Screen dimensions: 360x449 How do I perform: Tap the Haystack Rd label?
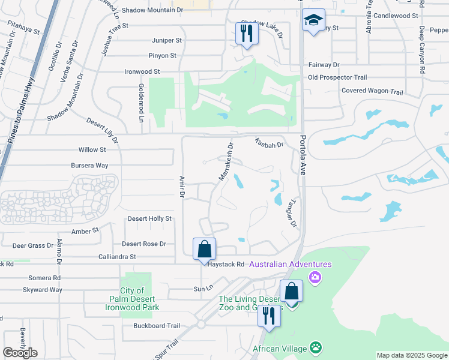click(227, 264)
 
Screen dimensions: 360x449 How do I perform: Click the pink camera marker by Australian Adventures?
click(315, 277)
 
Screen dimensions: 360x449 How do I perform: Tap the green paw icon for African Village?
click(315, 347)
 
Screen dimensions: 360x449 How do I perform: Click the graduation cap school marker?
click(313, 22)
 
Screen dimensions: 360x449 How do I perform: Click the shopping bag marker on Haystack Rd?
click(204, 248)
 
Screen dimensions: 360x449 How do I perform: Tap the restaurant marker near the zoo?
click(269, 315)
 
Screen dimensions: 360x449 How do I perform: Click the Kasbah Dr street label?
click(268, 144)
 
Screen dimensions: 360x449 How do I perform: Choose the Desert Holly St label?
click(149, 218)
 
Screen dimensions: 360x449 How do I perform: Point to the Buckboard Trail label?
click(156, 326)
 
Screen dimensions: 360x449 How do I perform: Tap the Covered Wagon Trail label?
click(372, 92)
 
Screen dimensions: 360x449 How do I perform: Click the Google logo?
click(20, 353)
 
